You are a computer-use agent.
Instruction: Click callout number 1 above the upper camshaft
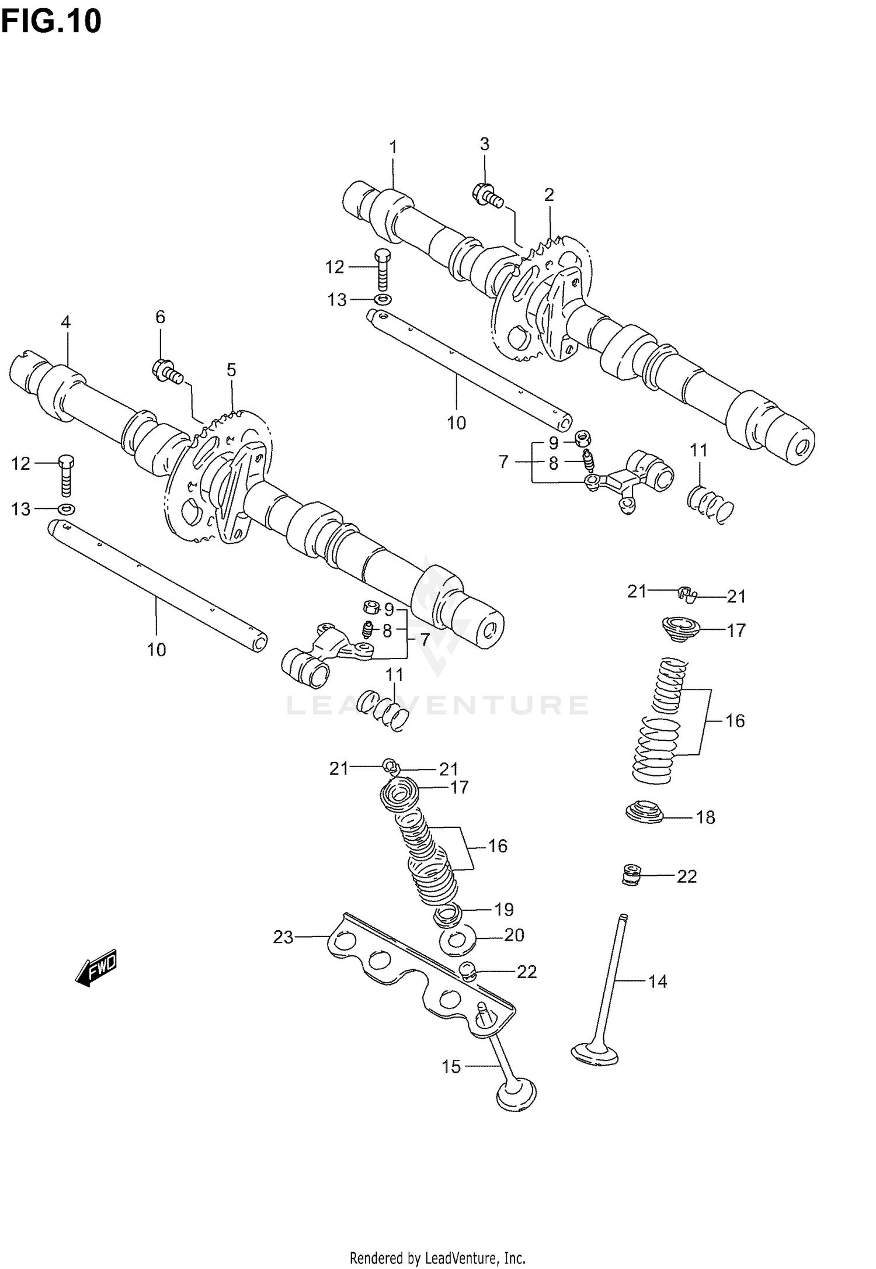[393, 147]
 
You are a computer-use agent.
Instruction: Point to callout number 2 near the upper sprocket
[548, 195]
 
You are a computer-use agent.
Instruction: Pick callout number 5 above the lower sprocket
[231, 370]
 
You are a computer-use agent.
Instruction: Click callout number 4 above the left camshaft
[65, 322]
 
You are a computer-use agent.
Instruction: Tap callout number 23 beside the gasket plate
[283, 937]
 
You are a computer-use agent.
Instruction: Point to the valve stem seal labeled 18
[644, 812]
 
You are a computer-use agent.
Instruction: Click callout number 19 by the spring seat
[504, 909]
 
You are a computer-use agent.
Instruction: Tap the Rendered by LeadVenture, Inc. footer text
[437, 1257]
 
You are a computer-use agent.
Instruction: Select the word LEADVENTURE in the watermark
[437, 705]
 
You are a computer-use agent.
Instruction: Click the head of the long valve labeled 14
[595, 1054]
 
